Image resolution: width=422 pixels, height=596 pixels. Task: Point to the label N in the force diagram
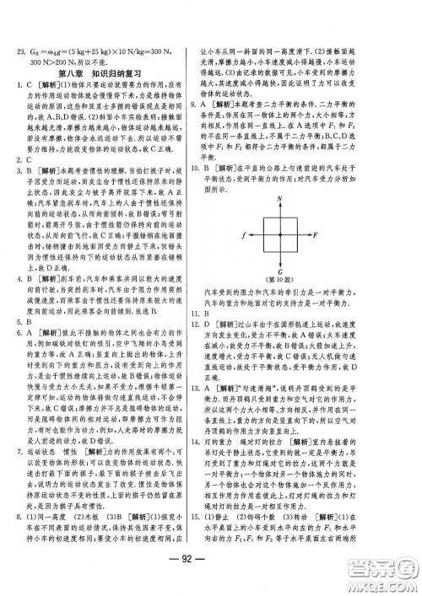click(x=300, y=198)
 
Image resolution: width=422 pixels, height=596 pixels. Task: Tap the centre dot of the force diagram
click(x=300, y=234)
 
